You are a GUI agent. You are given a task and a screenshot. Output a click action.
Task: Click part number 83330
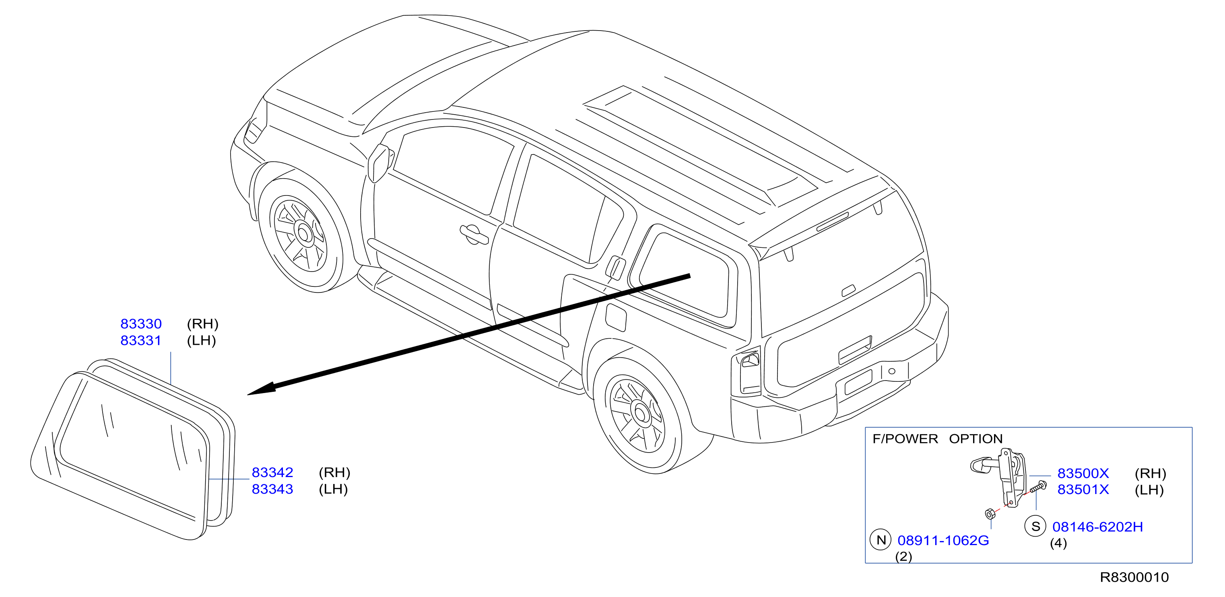(141, 324)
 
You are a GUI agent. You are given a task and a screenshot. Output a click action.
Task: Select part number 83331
(141, 340)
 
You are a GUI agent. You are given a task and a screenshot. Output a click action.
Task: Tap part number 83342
(272, 472)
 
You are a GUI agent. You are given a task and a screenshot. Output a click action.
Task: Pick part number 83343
(272, 489)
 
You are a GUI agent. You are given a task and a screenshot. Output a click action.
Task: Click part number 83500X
(1083, 473)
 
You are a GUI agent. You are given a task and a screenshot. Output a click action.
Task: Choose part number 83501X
(1083, 490)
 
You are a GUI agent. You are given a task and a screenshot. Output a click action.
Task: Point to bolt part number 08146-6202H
(1097, 527)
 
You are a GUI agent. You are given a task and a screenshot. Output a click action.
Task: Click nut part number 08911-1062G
(943, 540)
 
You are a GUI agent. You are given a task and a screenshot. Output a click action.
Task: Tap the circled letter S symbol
(1035, 526)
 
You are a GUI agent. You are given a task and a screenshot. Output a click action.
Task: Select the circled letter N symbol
(881, 539)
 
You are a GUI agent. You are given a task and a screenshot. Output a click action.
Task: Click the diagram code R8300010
(1134, 577)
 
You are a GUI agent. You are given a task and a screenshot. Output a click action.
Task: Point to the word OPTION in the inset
(976, 439)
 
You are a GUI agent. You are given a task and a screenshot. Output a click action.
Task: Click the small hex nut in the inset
(990, 514)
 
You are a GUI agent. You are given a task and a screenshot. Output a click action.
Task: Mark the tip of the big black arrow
(248, 395)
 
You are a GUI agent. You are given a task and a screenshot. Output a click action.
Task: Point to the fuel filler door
(616, 317)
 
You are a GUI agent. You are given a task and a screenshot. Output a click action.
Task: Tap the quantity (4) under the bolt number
(1058, 543)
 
